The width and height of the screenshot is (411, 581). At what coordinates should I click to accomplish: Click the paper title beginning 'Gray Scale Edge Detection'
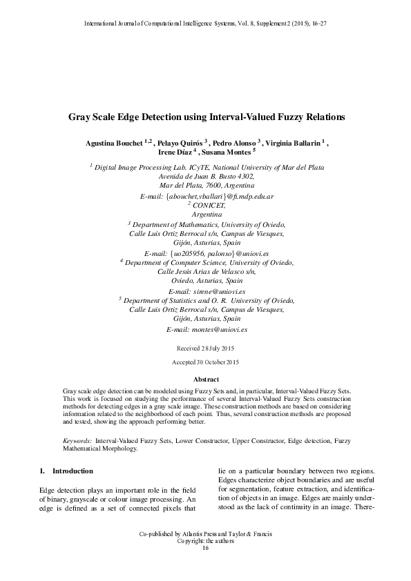(x=206, y=118)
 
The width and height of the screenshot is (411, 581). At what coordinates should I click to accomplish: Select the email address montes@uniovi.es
(x=216, y=330)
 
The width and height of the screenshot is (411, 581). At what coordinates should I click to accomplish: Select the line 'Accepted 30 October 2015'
(x=206, y=362)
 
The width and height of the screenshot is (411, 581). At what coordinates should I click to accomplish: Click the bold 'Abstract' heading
(x=206, y=380)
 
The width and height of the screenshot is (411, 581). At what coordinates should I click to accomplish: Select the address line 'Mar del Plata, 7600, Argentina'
(x=206, y=186)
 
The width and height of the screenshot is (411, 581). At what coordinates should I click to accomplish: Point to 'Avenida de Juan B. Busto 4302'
(x=206, y=177)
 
